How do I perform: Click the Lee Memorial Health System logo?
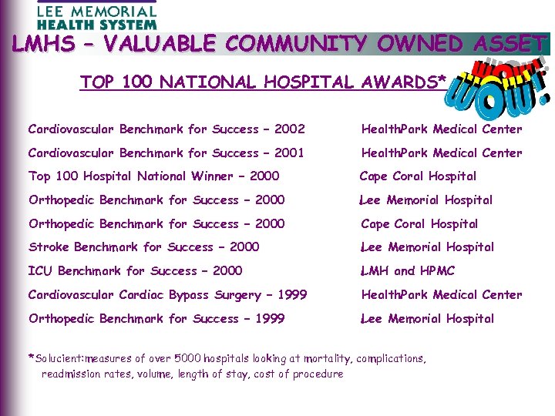pyautogui.click(x=96, y=15)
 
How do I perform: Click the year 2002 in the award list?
pyautogui.click(x=289, y=129)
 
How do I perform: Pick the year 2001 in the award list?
pyautogui.click(x=289, y=153)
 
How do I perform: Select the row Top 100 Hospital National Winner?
pyautogui.click(x=153, y=176)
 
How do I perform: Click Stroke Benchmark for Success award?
pyautogui.click(x=143, y=247)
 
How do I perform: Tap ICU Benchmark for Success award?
pyautogui.click(x=135, y=271)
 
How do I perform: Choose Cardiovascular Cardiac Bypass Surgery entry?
pyautogui.click(x=167, y=295)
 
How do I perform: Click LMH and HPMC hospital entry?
pyautogui.click(x=408, y=271)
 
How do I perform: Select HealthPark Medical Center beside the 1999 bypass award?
pyautogui.click(x=441, y=295)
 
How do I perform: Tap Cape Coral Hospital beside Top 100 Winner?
pyautogui.click(x=418, y=176)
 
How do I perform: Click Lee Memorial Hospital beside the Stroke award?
pyautogui.click(x=427, y=247)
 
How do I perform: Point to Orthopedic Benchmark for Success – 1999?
pyautogui.click(x=156, y=319)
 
